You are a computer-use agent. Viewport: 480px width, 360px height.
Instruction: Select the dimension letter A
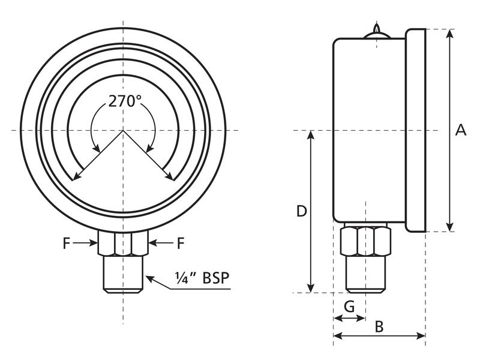[x=460, y=130]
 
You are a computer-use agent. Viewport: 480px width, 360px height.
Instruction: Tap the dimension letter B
[x=379, y=327]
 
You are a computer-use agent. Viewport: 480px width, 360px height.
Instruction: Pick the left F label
[x=67, y=243]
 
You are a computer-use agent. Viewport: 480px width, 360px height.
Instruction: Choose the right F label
[x=180, y=243]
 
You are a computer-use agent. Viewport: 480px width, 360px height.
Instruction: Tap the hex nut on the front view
[x=124, y=243]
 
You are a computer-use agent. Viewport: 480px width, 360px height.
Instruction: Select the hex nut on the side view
[x=365, y=241]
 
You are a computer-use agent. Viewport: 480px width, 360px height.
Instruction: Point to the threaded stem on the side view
[x=365, y=274]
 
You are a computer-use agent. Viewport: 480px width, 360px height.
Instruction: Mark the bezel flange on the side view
[x=415, y=130]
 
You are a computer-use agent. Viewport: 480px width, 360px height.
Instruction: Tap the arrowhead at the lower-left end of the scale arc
[x=75, y=177]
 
